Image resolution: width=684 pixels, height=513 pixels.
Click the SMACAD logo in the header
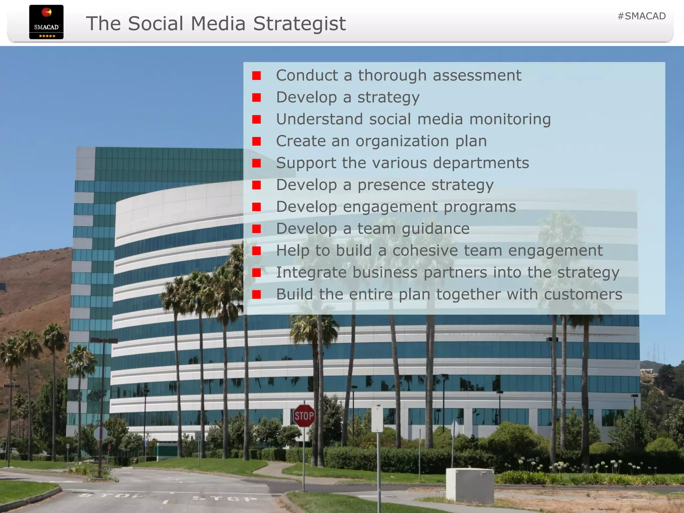click(x=46, y=22)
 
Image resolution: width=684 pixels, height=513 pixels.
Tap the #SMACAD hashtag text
click(x=642, y=16)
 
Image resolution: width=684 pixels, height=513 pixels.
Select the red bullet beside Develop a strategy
click(x=256, y=98)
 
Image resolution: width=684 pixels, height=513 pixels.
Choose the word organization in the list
click(x=402, y=141)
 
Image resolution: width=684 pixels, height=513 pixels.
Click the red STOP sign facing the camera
click(x=304, y=416)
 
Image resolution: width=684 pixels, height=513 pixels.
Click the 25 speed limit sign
click(x=198, y=436)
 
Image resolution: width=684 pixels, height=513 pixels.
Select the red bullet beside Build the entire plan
click(x=256, y=295)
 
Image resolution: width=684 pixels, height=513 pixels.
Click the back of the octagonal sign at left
click(x=101, y=434)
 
